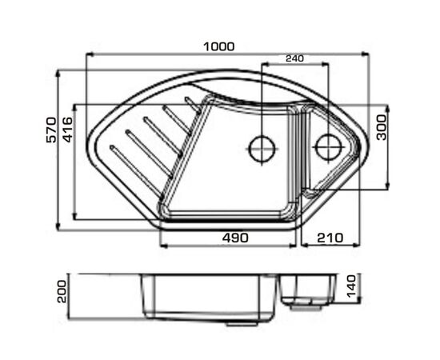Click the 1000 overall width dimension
219,47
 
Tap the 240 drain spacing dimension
294,58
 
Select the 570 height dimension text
51,130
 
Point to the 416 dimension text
68,130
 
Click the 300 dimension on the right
382,127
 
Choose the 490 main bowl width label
235,238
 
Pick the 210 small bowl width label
330,238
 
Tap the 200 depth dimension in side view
62,292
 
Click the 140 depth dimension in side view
351,286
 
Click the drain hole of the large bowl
262,149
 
